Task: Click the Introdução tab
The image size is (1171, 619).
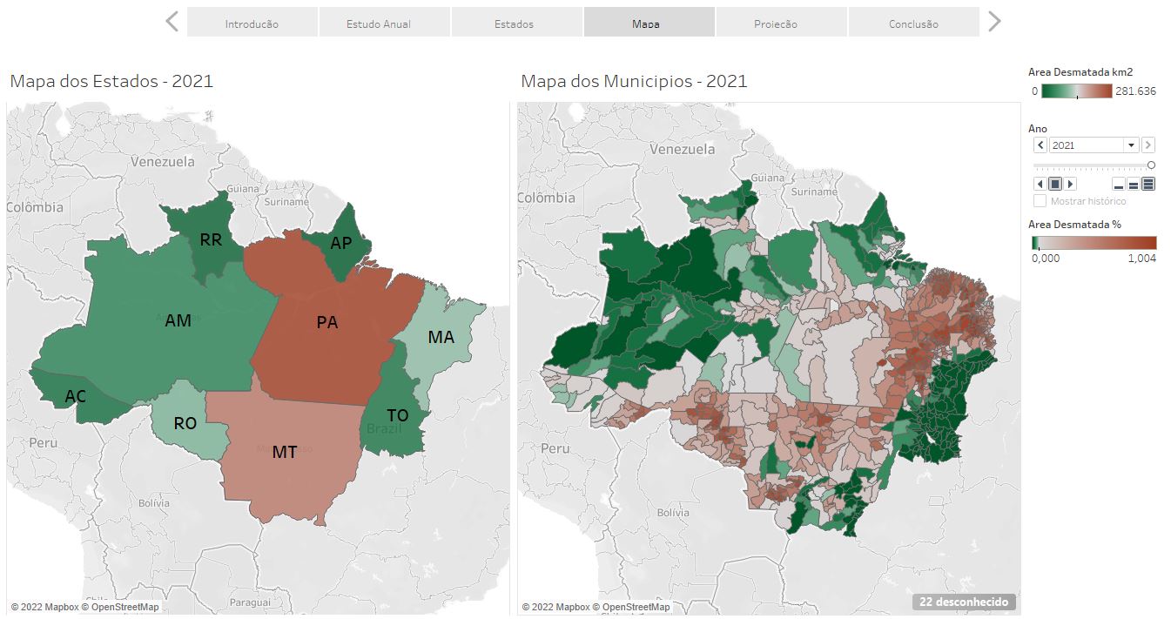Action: pyautogui.click(x=252, y=24)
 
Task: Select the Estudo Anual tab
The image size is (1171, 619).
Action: pyautogui.click(x=378, y=24)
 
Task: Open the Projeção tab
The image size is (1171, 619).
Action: pyautogui.click(x=775, y=24)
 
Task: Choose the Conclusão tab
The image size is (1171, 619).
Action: pyautogui.click(x=913, y=24)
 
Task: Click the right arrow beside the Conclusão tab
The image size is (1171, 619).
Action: pyautogui.click(x=993, y=22)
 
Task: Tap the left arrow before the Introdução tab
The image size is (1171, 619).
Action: pyautogui.click(x=172, y=22)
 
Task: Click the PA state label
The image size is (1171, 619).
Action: pyautogui.click(x=327, y=323)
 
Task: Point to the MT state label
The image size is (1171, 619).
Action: pyautogui.click(x=285, y=453)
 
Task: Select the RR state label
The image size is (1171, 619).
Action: pyautogui.click(x=211, y=240)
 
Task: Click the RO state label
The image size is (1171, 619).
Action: pyautogui.click(x=185, y=424)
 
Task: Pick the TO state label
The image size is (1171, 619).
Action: pyautogui.click(x=397, y=416)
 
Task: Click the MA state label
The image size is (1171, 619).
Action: pyautogui.click(x=441, y=337)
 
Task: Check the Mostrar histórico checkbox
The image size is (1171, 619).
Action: pyautogui.click(x=1040, y=201)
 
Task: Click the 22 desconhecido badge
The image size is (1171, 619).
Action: pyautogui.click(x=964, y=602)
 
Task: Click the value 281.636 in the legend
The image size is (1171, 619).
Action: pyautogui.click(x=1135, y=91)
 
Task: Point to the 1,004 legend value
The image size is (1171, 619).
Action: pyautogui.click(x=1142, y=258)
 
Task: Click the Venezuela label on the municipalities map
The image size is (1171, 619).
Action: pyautogui.click(x=683, y=150)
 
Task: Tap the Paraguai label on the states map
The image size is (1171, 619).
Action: pyautogui.click(x=251, y=602)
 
